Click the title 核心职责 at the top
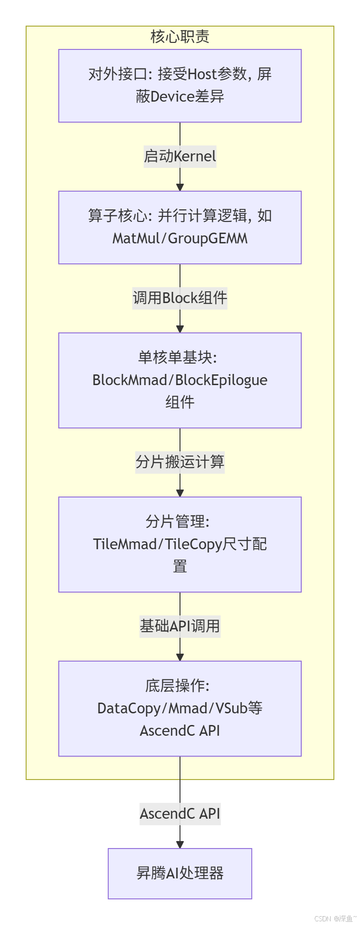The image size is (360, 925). [180, 37]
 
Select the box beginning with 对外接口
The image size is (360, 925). [180, 86]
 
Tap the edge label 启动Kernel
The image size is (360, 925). [180, 156]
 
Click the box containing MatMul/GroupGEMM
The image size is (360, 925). [180, 228]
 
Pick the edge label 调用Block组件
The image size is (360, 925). [180, 298]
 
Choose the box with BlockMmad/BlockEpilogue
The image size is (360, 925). [180, 380]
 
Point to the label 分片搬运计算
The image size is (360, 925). [180, 462]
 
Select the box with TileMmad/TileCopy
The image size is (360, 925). [180, 545]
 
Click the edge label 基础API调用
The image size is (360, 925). [180, 626]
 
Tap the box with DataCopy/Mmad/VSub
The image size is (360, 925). [180, 709]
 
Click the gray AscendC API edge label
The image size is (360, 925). [180, 814]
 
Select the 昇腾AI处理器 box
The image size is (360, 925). [180, 873]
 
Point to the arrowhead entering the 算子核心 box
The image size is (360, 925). [180, 187]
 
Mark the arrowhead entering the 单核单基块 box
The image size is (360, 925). [180, 329]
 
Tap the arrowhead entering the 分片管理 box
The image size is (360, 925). [180, 493]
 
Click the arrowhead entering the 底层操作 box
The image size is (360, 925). [180, 657]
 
